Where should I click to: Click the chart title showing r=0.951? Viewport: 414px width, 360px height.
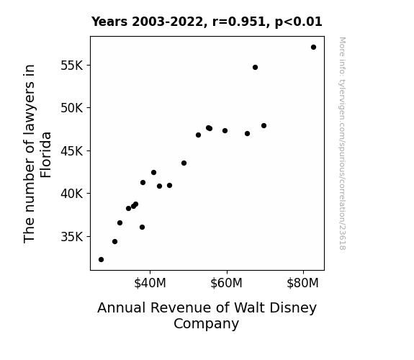tap(207, 22)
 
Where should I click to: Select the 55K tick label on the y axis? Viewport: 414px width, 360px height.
tap(72, 66)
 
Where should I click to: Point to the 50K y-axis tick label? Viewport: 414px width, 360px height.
tap(72, 108)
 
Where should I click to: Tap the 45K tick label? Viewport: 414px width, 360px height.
tap(72, 151)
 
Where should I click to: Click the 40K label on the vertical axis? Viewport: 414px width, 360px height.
tap(72, 194)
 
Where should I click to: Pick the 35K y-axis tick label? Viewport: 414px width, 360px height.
tap(72, 237)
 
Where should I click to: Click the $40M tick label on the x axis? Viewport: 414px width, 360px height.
tap(150, 283)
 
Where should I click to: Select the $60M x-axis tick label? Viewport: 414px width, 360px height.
tap(226, 283)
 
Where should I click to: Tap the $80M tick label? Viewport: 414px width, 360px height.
tap(303, 283)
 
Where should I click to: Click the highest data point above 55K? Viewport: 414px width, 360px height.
tap(313, 48)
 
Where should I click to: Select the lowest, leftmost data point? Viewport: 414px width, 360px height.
tap(101, 260)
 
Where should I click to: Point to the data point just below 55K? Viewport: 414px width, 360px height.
tap(255, 68)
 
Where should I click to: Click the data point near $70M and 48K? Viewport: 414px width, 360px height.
tap(264, 126)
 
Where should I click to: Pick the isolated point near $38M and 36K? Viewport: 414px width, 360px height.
tap(142, 227)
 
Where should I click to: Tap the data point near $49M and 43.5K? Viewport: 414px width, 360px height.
tap(184, 163)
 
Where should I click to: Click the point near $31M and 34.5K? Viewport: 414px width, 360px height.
tap(114, 242)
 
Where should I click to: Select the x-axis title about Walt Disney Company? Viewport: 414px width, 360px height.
tap(207, 315)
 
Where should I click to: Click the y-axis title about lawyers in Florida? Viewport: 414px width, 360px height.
tap(37, 153)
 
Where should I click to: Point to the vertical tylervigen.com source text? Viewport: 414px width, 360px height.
tap(342, 143)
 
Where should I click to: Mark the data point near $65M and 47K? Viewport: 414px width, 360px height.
tap(247, 134)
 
